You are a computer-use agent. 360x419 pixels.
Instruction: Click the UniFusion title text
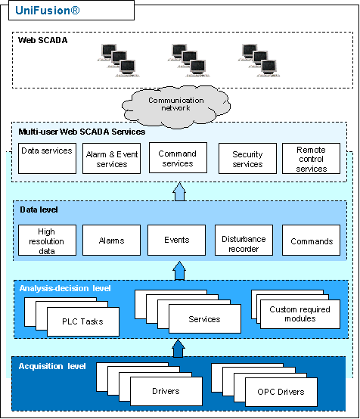[x=48, y=11]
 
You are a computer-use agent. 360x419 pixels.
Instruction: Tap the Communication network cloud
[x=176, y=106]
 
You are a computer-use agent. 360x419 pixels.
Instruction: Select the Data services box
[x=48, y=158]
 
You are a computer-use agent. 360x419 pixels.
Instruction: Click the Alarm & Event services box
[x=111, y=159]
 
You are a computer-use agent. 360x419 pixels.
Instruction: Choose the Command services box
[x=178, y=157]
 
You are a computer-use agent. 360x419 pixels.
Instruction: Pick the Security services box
[x=247, y=159]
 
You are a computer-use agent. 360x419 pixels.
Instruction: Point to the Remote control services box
[x=311, y=159]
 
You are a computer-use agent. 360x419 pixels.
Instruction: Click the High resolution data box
[x=48, y=240]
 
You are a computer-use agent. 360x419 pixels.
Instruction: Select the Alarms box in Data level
[x=111, y=240]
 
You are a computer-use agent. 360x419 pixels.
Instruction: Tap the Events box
[x=177, y=240]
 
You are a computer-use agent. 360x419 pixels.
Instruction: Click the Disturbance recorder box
[x=244, y=240]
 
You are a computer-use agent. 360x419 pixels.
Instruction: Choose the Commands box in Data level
[x=311, y=240]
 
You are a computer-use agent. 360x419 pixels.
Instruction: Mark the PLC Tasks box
[x=83, y=321]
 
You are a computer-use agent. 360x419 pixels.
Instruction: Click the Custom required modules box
[x=300, y=314]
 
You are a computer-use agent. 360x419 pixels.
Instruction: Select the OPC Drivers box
[x=281, y=392]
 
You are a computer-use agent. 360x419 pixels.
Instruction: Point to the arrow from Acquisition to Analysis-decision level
[x=178, y=348]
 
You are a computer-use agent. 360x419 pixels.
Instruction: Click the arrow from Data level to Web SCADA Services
[x=179, y=191]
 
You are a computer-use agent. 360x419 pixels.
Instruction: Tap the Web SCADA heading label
[x=43, y=40]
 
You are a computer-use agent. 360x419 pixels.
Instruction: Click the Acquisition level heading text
[x=52, y=366]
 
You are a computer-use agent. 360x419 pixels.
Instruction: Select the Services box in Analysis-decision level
[x=205, y=319]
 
